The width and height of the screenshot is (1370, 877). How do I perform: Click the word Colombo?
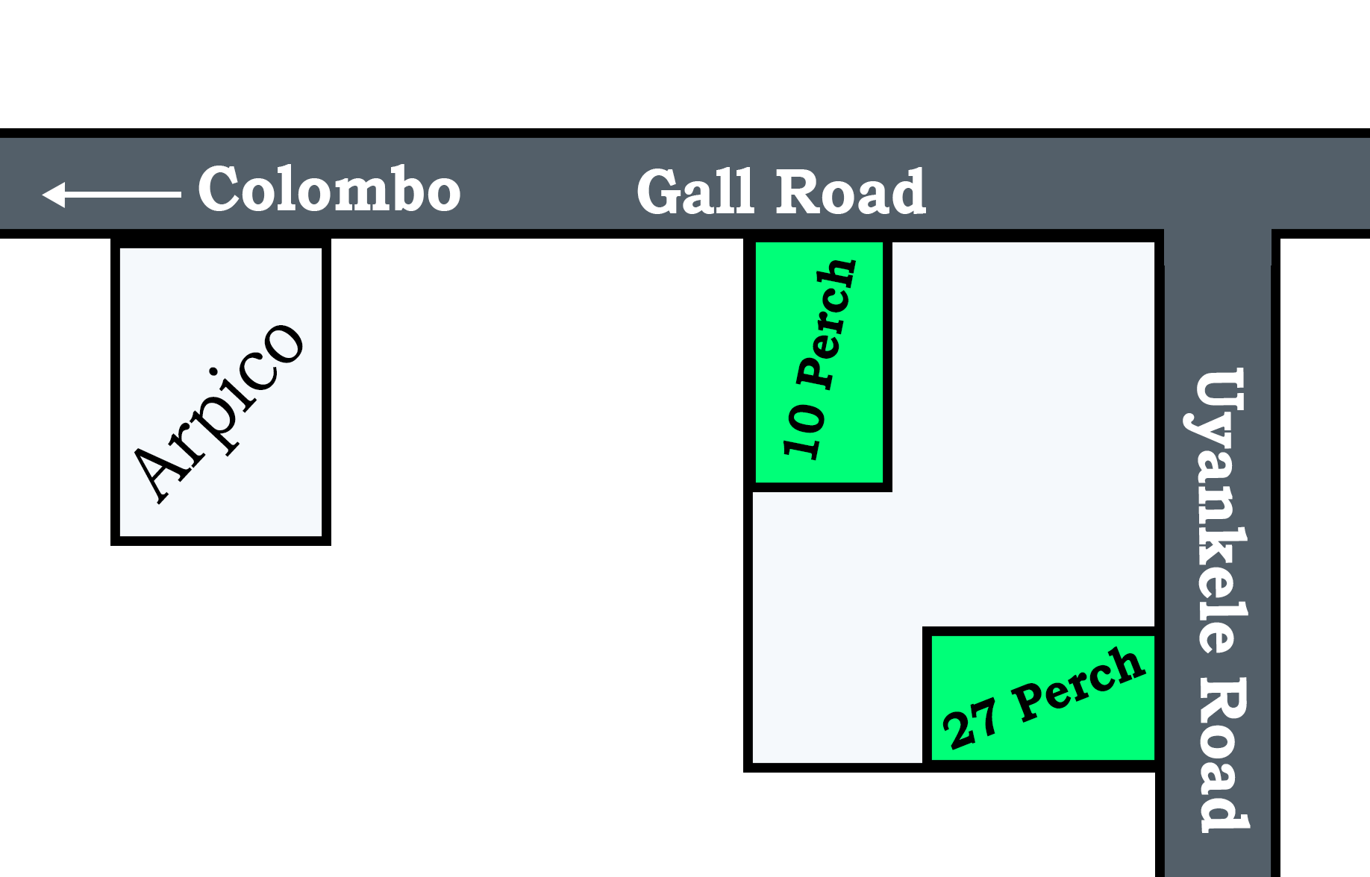coord(329,190)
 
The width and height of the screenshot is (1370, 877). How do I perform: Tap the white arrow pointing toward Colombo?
coord(112,194)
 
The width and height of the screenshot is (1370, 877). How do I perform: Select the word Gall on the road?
coord(695,192)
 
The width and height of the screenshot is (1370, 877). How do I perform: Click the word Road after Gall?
coord(851,192)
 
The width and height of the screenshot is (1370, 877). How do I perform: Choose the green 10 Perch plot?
coord(819,362)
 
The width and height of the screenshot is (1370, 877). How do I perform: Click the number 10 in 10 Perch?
coord(804,430)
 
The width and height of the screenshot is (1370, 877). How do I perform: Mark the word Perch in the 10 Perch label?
coord(827,324)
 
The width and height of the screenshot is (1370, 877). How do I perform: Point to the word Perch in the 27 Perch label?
coord(1078,684)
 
